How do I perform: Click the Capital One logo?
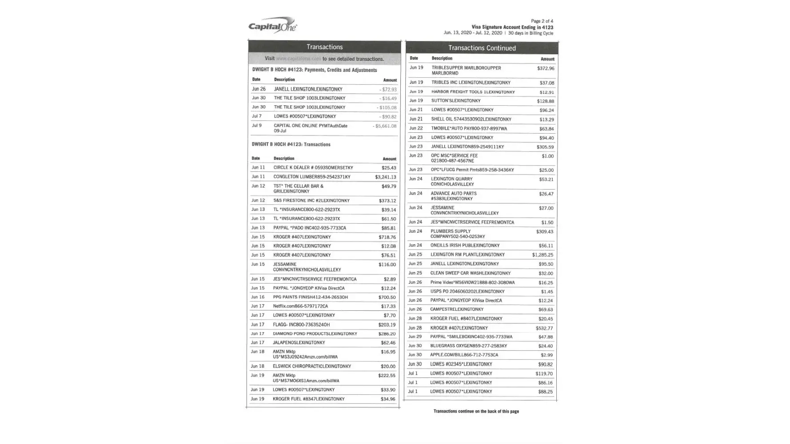(272, 26)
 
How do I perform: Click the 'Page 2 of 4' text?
(542, 21)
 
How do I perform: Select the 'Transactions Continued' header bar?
(482, 48)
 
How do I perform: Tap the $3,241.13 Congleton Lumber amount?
(385, 177)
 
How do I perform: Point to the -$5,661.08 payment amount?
(385, 126)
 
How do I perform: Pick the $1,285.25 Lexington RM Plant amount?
(543, 255)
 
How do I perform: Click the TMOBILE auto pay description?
(469, 128)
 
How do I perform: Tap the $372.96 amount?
(545, 68)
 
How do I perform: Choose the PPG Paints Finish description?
(310, 297)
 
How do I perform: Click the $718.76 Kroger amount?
(387, 237)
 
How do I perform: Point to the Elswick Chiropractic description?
(312, 366)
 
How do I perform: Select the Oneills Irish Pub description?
(465, 246)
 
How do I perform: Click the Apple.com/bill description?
(464, 355)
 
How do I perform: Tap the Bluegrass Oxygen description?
(468, 346)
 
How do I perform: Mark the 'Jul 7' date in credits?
(257, 116)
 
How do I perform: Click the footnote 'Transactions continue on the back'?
(476, 411)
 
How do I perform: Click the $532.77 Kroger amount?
(544, 328)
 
